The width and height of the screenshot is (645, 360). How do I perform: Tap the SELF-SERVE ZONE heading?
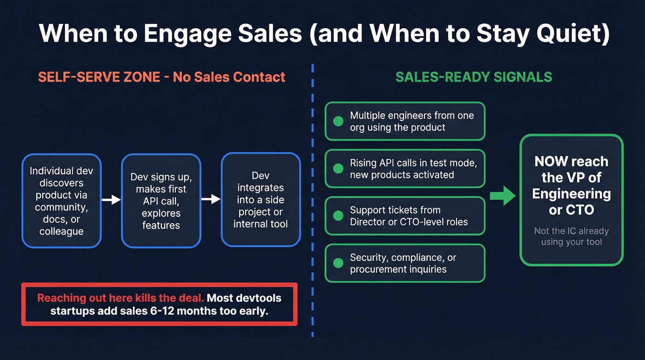[161, 77]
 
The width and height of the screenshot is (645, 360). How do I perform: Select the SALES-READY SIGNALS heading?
[474, 77]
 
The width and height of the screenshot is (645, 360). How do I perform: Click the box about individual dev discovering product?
[61, 201]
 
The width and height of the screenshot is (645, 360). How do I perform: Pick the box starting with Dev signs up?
[161, 201]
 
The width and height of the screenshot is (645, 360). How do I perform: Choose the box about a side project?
[261, 200]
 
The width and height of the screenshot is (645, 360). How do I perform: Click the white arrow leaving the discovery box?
[111, 200]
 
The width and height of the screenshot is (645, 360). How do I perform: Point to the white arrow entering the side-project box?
[211, 199]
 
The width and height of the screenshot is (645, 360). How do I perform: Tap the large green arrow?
[502, 195]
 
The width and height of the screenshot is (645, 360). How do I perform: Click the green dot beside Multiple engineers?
[338, 121]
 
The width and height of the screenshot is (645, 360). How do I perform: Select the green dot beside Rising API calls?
[338, 168]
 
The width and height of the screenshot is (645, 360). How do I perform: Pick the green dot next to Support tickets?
[338, 216]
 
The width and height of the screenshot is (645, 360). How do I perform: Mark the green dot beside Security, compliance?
[338, 263]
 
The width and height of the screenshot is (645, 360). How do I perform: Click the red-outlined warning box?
[159, 304]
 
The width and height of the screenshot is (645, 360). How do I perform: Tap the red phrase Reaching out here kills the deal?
[121, 298]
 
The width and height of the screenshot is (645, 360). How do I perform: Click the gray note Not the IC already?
[571, 236]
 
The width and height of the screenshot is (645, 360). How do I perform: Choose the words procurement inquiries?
[398, 270]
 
